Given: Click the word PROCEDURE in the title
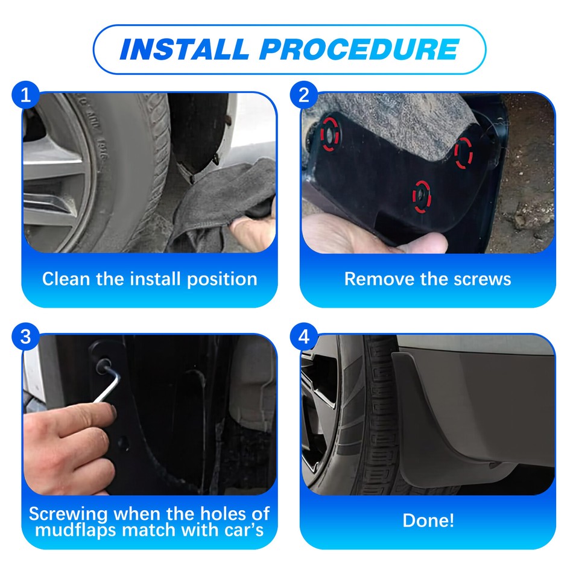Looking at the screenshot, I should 359,49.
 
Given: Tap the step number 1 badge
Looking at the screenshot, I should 25,95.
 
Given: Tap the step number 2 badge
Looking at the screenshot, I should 304,95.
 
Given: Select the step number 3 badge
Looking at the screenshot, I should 25,337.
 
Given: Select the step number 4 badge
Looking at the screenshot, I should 304,337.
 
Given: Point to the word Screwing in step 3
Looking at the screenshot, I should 69,514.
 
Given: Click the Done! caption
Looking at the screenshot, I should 428,520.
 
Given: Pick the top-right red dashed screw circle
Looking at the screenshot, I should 464,152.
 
